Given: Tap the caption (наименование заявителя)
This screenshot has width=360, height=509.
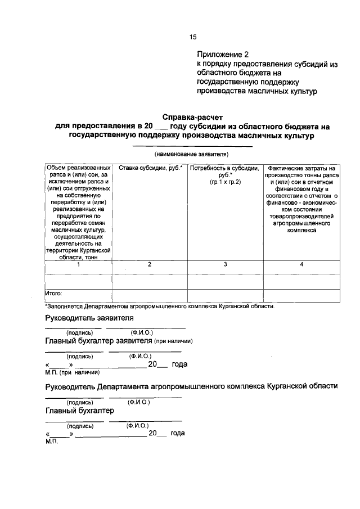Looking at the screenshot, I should tap(192, 154).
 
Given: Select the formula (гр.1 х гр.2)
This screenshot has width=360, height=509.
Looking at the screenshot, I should tap(225, 182).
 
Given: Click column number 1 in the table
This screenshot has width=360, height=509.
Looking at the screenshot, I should tap(79, 264).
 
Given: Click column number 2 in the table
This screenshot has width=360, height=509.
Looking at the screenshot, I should tap(148, 264).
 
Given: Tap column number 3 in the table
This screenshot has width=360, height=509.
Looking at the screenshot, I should tap(225, 264).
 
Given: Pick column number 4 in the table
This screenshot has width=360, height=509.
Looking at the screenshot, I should tap(301, 264).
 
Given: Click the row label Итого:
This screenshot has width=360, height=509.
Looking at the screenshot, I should tap(54, 293).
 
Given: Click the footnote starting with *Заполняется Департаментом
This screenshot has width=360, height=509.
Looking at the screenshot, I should tap(159, 306).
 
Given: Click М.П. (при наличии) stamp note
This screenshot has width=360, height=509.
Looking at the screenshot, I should tap(72, 372).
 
